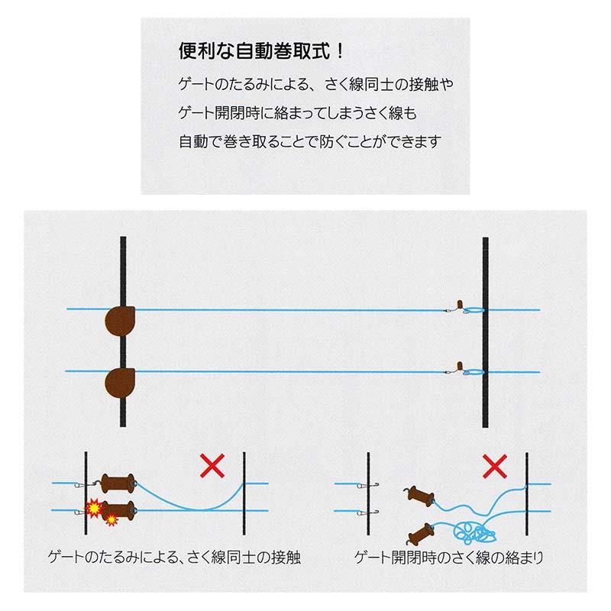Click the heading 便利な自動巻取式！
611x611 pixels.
click(251, 53)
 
